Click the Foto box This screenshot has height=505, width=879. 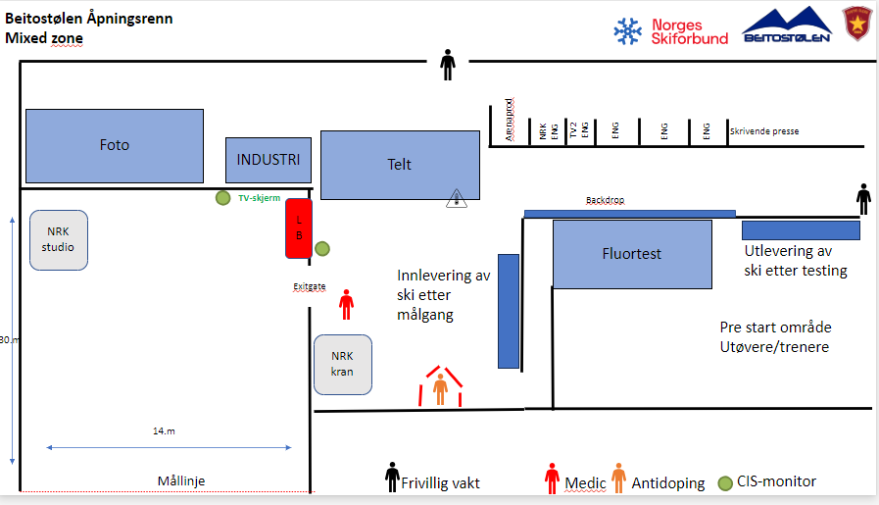tap(114, 145)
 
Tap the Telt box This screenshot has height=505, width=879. tap(400, 165)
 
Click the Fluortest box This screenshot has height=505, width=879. tap(632, 254)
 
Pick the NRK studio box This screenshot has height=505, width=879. tap(58, 239)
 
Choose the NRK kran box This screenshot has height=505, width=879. tap(343, 364)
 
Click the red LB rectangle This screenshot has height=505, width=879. tap(299, 228)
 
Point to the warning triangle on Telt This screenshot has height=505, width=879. tap(457, 198)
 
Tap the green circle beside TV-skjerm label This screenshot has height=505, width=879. tap(223, 198)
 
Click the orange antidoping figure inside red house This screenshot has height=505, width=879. tap(441, 388)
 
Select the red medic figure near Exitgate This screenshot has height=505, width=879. tap(346, 305)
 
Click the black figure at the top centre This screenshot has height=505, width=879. tap(448, 65)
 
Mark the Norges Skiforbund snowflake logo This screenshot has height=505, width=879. tap(627, 32)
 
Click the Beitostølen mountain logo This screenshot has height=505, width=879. tap(787, 25)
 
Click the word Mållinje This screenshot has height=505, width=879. tap(181, 480)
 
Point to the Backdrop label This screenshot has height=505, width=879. tap(605, 201)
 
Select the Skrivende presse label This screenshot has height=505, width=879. tap(763, 129)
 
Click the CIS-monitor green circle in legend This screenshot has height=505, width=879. tap(725, 482)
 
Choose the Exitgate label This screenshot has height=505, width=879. tap(309, 286)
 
